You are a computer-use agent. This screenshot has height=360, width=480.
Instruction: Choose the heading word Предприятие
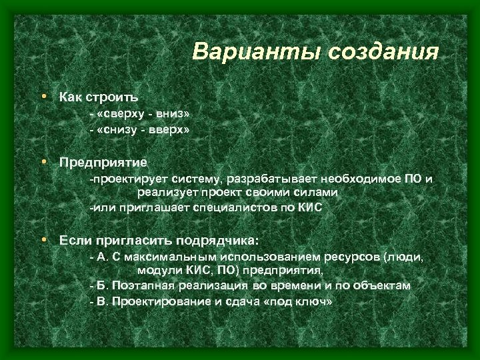[x=103, y=162]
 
